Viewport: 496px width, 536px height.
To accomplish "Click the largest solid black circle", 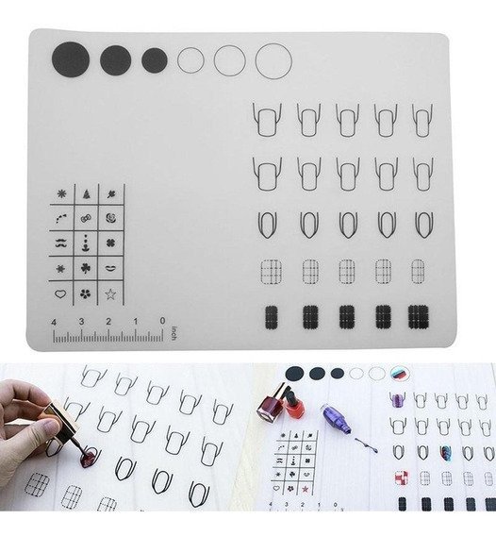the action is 71,59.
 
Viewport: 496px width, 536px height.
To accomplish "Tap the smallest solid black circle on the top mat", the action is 155,60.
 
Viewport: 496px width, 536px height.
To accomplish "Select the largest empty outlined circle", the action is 273,61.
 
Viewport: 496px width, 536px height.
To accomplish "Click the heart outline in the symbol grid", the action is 60,293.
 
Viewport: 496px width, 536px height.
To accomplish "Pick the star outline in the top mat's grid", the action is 110,294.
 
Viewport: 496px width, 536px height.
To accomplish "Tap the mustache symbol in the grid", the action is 60,243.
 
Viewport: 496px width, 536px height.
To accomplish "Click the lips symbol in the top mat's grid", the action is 110,268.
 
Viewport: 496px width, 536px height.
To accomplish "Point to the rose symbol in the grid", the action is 110,218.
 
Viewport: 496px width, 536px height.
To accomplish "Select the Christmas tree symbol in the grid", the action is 87,194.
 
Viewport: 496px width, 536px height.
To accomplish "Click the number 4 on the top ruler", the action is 54,323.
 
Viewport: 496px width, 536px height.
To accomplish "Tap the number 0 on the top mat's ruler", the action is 162,321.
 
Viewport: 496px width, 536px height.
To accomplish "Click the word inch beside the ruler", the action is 174,333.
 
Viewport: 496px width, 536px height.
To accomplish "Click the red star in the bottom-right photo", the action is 306,490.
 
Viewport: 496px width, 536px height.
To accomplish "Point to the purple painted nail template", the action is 397,399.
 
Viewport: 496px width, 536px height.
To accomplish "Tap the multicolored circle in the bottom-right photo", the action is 400,373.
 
